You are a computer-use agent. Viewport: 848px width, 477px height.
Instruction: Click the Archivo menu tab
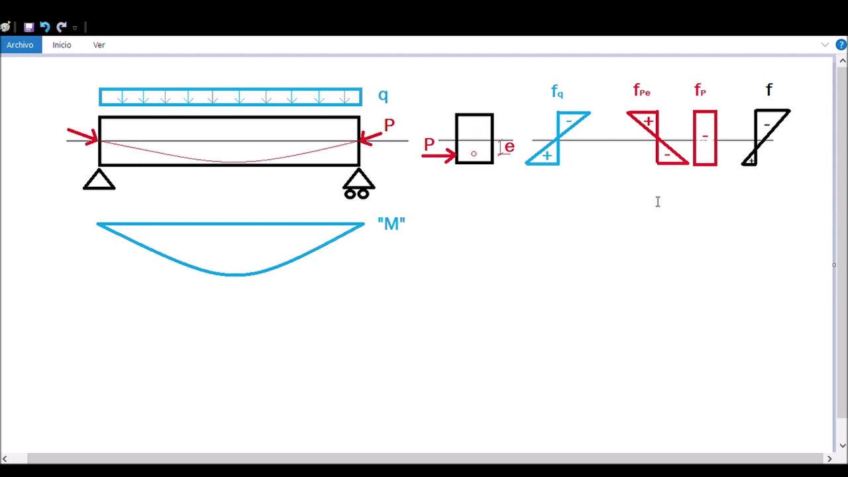[x=21, y=44]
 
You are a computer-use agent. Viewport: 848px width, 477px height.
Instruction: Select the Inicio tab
[x=62, y=44]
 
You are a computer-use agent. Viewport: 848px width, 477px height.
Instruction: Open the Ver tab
[x=99, y=44]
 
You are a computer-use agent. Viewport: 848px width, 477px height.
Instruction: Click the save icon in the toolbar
[x=28, y=27]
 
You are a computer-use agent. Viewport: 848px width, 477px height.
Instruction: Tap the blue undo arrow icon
[x=45, y=27]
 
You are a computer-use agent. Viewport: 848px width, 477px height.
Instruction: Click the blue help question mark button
[x=841, y=44]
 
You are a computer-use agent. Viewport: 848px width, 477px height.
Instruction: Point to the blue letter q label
[x=383, y=95]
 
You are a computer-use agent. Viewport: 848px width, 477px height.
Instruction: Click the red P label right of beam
[x=389, y=125]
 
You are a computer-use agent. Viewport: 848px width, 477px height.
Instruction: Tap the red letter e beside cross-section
[x=509, y=146]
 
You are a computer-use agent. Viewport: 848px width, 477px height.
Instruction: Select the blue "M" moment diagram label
[x=392, y=223]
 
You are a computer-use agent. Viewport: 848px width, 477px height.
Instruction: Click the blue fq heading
[x=557, y=91]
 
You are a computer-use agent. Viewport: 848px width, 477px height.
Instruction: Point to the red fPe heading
[x=642, y=90]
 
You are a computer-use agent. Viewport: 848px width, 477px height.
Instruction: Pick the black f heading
[x=769, y=89]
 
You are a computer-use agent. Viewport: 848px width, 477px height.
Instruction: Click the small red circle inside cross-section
[x=474, y=154]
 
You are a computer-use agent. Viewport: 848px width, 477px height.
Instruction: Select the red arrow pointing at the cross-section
[x=439, y=155]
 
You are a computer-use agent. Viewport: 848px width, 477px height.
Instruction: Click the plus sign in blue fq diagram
[x=547, y=156]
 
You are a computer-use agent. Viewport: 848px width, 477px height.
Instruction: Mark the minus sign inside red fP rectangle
[x=705, y=136]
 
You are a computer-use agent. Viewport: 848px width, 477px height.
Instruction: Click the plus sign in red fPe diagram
[x=648, y=121]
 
